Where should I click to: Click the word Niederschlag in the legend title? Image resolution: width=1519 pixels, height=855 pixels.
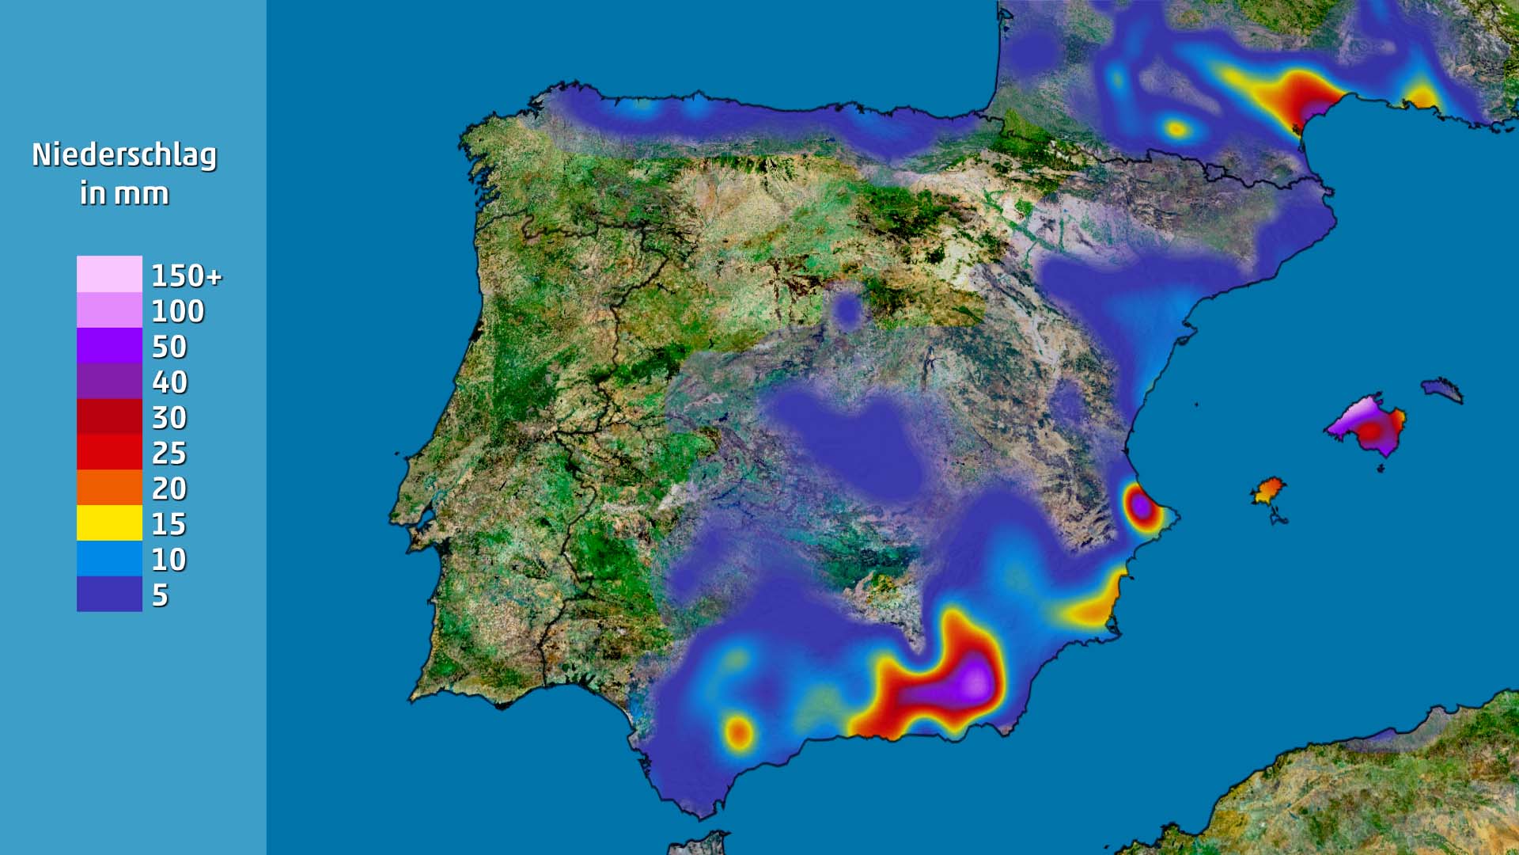pos(124,155)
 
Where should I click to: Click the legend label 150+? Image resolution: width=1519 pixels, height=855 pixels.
pos(187,276)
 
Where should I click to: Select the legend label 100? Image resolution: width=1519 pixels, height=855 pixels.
pos(178,311)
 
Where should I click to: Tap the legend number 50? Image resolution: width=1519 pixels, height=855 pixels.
pos(169,347)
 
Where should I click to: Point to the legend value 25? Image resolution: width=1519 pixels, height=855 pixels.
pos(169,454)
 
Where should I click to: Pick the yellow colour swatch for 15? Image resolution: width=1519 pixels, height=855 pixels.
pos(109,523)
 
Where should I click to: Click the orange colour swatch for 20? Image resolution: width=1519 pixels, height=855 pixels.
pos(109,488)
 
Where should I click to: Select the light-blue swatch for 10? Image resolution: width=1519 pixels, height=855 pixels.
pos(109,559)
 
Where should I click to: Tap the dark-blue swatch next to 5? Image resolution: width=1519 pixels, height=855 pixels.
pos(109,595)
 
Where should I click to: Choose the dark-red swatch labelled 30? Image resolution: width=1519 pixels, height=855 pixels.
pos(109,417)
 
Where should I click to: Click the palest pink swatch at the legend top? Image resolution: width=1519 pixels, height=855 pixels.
pos(109,274)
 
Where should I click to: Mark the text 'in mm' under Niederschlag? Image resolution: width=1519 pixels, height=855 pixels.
pos(124,194)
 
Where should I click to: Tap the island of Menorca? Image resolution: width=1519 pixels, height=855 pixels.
pos(1441,389)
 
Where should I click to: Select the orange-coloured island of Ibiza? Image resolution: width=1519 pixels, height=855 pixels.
pos(1268,490)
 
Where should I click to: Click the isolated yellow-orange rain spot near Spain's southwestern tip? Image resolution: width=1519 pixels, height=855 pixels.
pos(739,732)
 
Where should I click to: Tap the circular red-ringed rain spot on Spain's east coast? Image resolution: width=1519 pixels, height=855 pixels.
pos(1141,504)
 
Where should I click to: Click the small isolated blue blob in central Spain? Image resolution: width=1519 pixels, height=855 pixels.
pos(848,310)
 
